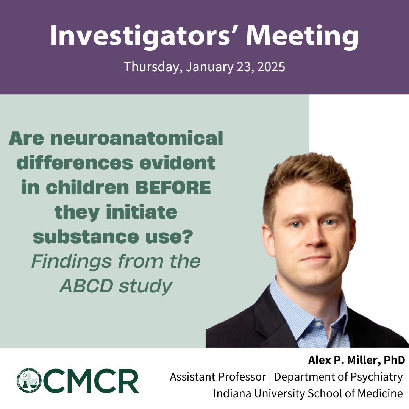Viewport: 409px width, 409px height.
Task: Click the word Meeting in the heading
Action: click(x=302, y=36)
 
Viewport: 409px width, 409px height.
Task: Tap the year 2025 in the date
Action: click(x=271, y=67)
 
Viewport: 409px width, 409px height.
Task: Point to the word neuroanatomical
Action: click(x=139, y=138)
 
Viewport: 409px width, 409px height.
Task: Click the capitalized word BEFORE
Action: click(x=173, y=187)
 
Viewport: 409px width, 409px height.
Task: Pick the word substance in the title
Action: click(x=86, y=237)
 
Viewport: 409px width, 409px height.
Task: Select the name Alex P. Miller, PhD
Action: click(x=357, y=360)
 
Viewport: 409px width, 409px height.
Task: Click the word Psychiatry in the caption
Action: click(x=376, y=377)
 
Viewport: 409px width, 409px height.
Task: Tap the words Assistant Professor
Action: click(x=218, y=377)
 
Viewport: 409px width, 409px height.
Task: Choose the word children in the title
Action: click(x=87, y=187)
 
